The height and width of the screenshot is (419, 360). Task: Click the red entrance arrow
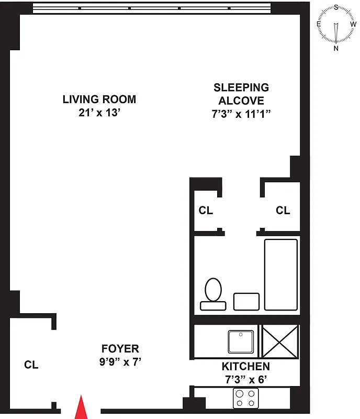click(81, 408)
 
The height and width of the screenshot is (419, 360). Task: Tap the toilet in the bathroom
click(212, 293)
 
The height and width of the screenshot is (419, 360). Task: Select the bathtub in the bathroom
click(281, 274)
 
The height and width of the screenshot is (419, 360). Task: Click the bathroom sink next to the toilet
click(246, 301)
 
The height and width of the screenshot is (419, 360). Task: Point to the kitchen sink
click(241, 341)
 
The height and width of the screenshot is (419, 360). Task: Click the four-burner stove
click(246, 398)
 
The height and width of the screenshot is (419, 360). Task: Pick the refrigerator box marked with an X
click(280, 341)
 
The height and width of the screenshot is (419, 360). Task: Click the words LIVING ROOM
click(99, 99)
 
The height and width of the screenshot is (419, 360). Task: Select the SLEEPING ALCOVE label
click(241, 94)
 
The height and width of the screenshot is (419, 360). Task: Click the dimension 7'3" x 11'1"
click(241, 115)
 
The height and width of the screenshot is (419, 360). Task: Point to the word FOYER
click(120, 348)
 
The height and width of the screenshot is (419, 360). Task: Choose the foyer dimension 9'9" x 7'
click(120, 361)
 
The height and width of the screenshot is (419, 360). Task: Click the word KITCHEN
click(246, 366)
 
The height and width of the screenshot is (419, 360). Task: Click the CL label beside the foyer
click(31, 365)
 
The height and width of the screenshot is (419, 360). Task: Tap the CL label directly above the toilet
click(206, 211)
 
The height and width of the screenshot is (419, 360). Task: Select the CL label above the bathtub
click(283, 211)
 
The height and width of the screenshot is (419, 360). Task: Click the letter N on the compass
click(336, 48)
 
